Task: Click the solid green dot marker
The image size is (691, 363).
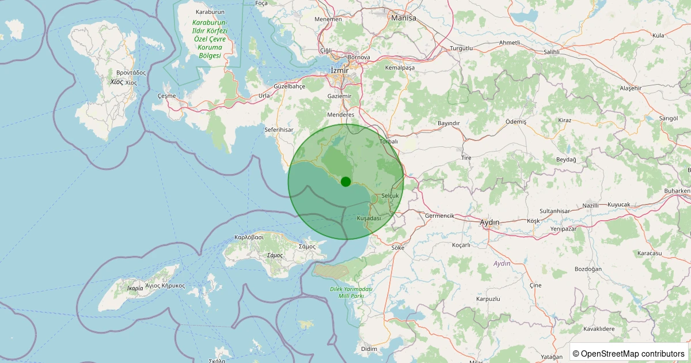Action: (x=345, y=181)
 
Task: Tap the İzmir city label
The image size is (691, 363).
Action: (x=340, y=70)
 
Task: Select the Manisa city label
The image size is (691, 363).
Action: (x=403, y=18)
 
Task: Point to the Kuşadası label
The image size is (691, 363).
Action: (x=369, y=218)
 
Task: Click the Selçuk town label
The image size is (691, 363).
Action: (x=390, y=196)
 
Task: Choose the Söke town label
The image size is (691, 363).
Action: (x=398, y=248)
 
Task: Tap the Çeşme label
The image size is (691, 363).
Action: (x=166, y=96)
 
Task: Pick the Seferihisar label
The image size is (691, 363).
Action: (x=279, y=130)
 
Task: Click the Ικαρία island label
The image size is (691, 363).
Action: (x=134, y=288)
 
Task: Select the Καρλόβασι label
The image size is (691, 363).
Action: (x=249, y=237)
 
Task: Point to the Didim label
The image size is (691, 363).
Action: (x=369, y=349)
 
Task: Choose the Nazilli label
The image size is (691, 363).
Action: (x=591, y=206)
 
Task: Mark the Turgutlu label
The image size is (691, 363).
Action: (x=461, y=48)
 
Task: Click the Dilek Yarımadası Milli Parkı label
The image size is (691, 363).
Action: (x=351, y=292)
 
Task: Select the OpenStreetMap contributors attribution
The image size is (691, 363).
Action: (x=628, y=353)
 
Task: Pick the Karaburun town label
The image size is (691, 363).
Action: (x=210, y=12)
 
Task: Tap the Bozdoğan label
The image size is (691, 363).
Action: (x=589, y=269)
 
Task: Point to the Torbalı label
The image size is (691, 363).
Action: (x=389, y=141)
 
